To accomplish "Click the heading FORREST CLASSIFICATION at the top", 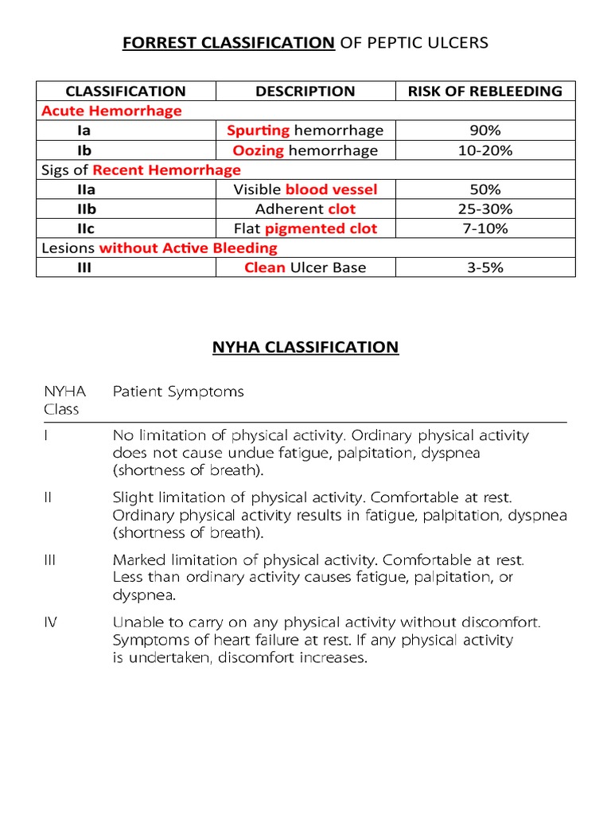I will (228, 42).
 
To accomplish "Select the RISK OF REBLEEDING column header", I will (485, 91).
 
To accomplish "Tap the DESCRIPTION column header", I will (305, 91).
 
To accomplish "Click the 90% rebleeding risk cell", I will (485, 131).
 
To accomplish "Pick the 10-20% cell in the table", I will (485, 150).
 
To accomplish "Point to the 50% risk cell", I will (485, 189).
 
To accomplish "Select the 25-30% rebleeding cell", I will (485, 209).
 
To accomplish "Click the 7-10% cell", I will (485, 228).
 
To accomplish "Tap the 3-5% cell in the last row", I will (485, 267).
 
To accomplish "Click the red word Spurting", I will (258, 131).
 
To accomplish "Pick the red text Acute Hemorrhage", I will (111, 111).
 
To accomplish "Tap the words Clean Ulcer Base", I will (305, 267).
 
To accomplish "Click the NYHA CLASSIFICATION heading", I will (305, 347).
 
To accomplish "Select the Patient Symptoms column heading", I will (178, 392).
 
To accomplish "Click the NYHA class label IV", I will (49, 622).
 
